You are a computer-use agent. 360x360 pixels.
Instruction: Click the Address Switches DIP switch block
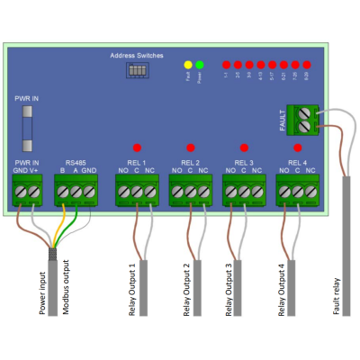click(x=138, y=68)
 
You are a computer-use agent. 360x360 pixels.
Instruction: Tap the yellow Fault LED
click(x=188, y=66)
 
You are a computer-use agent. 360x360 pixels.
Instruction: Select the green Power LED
click(x=200, y=66)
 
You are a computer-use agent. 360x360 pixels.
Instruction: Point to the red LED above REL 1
click(x=137, y=147)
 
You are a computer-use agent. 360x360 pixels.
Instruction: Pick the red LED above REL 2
click(x=190, y=147)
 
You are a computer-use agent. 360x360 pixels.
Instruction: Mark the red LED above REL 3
click(x=243, y=147)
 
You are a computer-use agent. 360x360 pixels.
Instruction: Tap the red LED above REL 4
click(x=297, y=147)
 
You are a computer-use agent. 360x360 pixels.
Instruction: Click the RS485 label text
click(x=76, y=161)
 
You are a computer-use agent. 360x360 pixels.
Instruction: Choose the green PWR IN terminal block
click(x=26, y=190)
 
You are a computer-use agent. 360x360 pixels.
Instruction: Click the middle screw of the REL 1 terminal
click(x=137, y=191)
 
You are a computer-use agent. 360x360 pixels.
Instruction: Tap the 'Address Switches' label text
click(x=137, y=55)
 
